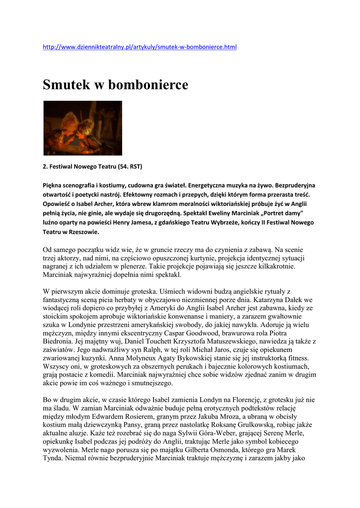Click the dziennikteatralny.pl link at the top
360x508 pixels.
[x=140, y=47]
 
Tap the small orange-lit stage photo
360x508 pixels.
[x=82, y=128]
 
